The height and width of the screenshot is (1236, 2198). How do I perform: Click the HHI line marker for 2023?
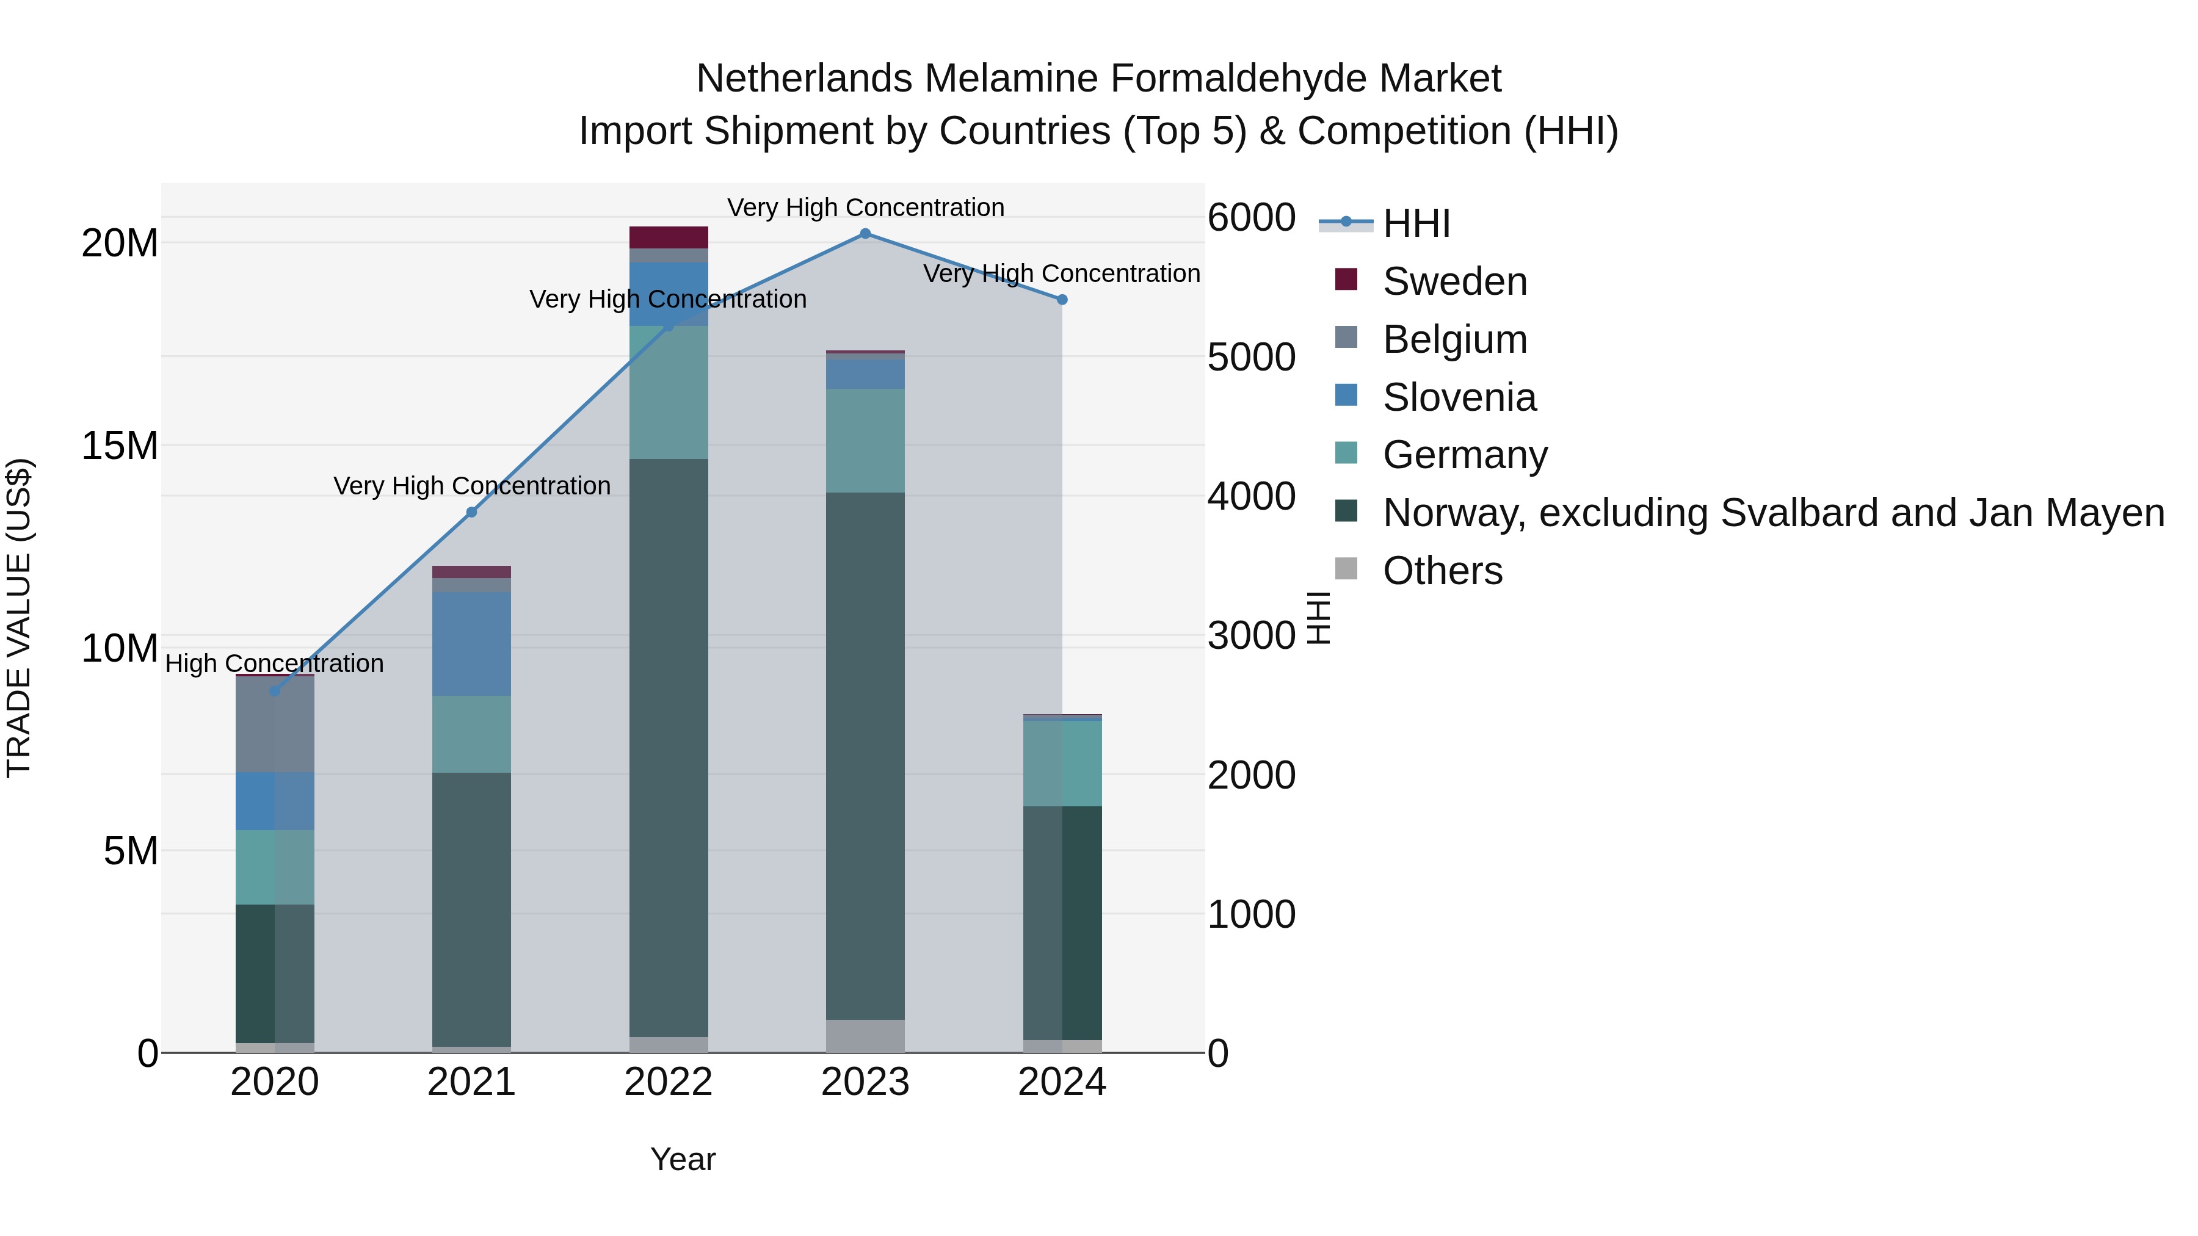tap(865, 234)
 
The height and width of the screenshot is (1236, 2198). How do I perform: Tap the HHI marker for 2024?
tap(1062, 300)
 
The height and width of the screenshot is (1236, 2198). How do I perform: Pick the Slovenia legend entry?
tap(1459, 397)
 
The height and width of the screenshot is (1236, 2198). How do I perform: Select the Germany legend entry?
tap(1464, 455)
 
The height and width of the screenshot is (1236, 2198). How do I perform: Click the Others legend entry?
tap(1442, 571)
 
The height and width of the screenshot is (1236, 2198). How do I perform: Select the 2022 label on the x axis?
tap(668, 1082)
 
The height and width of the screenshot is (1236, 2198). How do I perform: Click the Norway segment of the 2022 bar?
tap(668, 747)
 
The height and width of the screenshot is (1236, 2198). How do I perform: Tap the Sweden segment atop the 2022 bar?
tap(668, 237)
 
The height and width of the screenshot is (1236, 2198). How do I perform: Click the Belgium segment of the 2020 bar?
tap(275, 725)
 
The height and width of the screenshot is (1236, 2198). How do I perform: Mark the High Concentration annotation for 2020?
tap(274, 663)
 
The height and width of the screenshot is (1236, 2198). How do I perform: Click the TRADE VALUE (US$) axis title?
tap(19, 618)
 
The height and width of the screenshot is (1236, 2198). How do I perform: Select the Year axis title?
tap(683, 1159)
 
